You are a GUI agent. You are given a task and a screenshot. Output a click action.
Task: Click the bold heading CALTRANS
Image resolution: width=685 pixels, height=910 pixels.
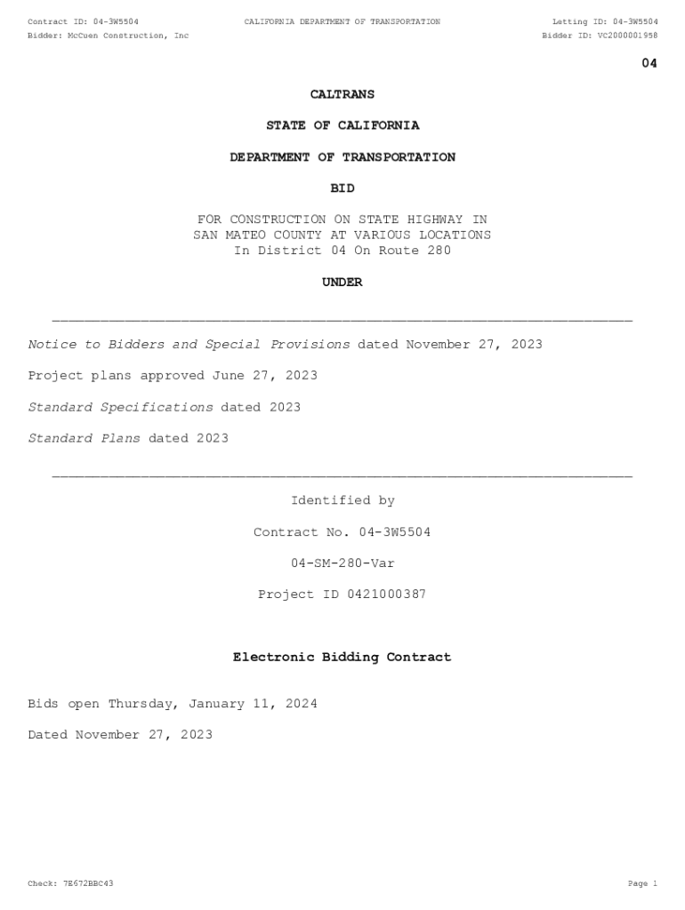tap(342, 94)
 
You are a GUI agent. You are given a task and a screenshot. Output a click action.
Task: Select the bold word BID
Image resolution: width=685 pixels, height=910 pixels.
tap(342, 188)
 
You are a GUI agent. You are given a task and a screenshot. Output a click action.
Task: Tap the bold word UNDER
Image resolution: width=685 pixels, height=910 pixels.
tap(342, 283)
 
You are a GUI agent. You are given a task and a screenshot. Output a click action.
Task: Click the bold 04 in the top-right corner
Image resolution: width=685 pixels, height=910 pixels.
tap(649, 63)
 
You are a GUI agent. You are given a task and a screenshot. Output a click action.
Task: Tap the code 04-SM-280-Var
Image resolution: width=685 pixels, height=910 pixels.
tap(342, 563)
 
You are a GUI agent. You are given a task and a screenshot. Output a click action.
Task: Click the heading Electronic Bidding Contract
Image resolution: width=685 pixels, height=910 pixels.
tap(342, 658)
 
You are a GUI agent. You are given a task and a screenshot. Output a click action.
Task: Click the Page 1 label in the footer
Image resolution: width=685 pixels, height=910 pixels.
tap(642, 884)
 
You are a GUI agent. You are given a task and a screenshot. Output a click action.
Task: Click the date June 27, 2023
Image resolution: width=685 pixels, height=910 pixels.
tap(264, 376)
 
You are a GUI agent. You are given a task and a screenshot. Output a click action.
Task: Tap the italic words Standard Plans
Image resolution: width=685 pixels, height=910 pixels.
tap(84, 438)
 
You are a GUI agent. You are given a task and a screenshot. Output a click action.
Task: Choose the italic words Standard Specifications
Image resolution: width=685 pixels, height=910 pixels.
tap(120, 407)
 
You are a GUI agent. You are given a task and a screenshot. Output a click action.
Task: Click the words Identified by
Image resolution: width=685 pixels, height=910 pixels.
tap(342, 501)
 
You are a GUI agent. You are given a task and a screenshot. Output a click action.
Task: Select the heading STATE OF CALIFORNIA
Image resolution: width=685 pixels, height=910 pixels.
tap(342, 126)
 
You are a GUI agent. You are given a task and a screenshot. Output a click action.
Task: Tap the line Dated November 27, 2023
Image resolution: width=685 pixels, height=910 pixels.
tap(120, 735)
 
